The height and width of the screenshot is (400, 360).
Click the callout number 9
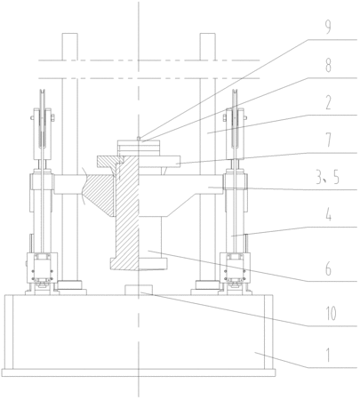328,28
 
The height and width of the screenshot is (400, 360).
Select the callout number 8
328,66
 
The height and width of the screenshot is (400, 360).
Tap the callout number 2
328,102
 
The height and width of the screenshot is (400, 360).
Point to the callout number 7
328,140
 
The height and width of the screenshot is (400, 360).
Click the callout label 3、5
327,178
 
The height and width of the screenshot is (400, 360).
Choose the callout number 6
328,268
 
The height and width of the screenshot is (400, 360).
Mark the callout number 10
331,314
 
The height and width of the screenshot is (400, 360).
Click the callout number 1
328,355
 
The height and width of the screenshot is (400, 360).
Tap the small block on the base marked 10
139,290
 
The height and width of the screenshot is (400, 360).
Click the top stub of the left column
70,46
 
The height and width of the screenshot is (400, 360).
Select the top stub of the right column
208,46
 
